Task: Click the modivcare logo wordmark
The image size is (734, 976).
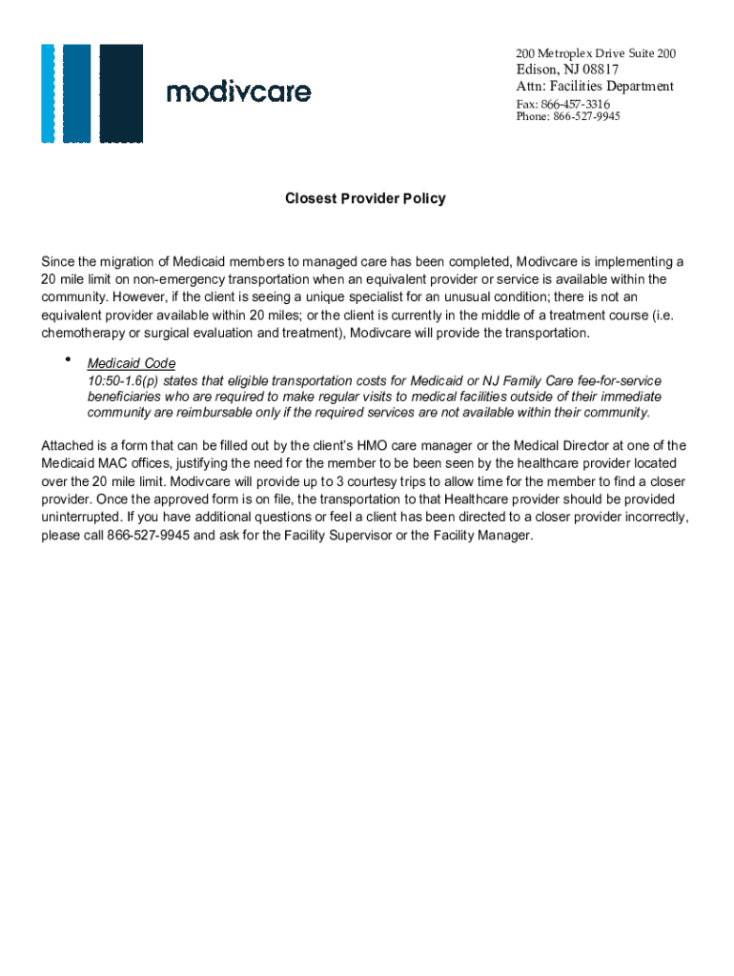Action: [x=238, y=92]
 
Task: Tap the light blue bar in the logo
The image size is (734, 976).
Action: [x=48, y=93]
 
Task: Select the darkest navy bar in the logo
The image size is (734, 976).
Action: [x=121, y=93]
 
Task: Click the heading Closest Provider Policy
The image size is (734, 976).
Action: [x=365, y=199]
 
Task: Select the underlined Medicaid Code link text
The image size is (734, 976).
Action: [x=132, y=363]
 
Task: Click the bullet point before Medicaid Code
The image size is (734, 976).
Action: [x=69, y=359]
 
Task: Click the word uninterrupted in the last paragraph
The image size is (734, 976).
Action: [x=83, y=518]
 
